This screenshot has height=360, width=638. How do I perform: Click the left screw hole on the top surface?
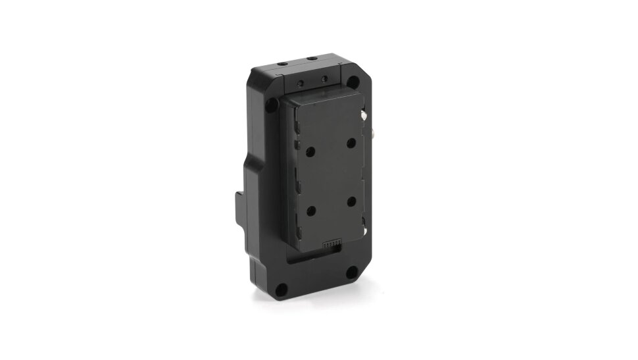click(x=282, y=64)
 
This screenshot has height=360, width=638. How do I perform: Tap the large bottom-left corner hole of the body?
click(x=282, y=288)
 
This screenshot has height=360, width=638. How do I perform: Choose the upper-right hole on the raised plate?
click(x=351, y=142)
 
